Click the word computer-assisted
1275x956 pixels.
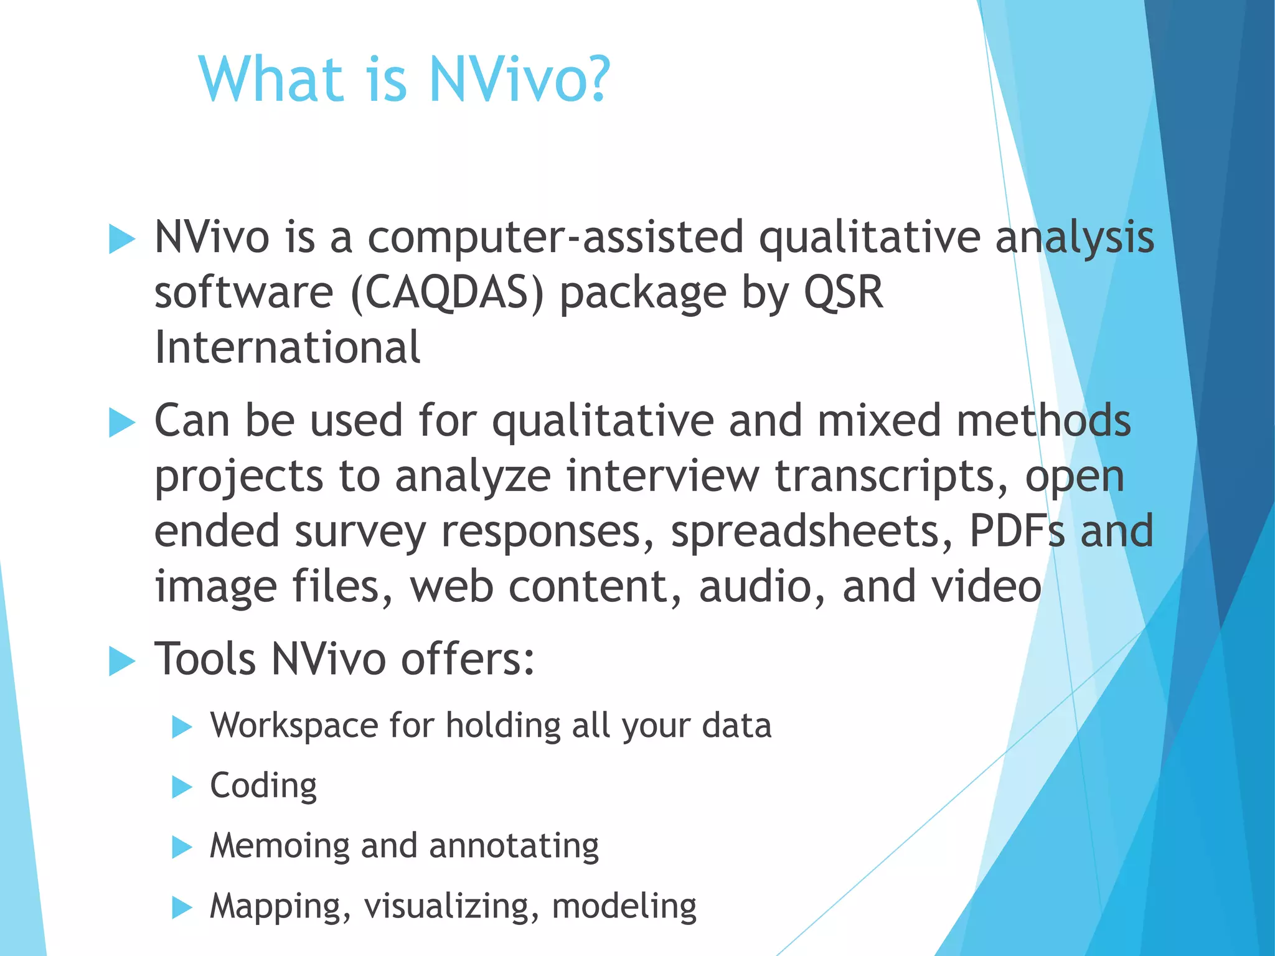coord(555,237)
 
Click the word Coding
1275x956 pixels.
coord(263,785)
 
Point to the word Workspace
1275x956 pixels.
coord(293,726)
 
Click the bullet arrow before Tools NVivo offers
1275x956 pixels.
coord(121,660)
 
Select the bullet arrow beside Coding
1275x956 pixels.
coord(182,787)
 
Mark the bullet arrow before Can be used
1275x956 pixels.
coord(121,423)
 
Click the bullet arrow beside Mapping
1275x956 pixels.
coord(182,907)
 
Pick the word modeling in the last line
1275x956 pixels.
coord(624,906)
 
